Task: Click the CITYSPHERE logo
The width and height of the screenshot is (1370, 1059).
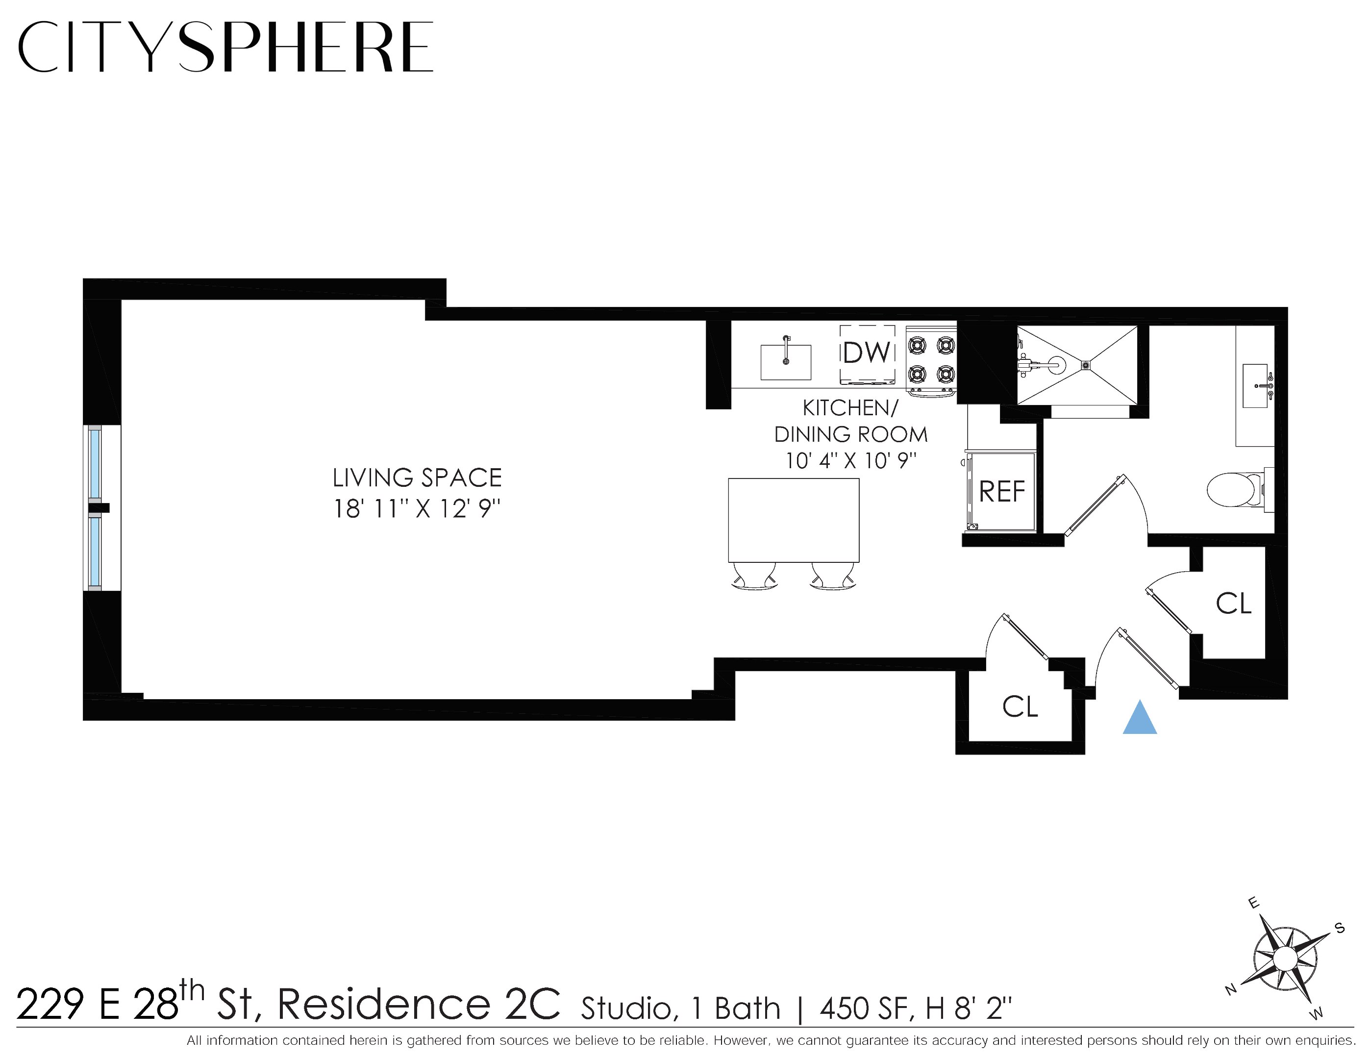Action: pyautogui.click(x=226, y=47)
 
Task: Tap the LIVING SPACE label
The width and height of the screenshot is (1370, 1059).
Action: pyautogui.click(x=417, y=478)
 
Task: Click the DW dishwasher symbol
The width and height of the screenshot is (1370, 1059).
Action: pyautogui.click(x=867, y=353)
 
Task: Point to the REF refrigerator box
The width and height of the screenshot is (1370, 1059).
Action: pyautogui.click(x=1002, y=491)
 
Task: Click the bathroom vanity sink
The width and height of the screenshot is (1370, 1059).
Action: pyautogui.click(x=1255, y=385)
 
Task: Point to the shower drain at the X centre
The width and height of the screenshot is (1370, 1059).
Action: pyautogui.click(x=1086, y=364)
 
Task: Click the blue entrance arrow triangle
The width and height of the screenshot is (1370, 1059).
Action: pyautogui.click(x=1139, y=718)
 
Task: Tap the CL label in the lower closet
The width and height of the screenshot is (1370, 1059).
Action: pyautogui.click(x=1020, y=706)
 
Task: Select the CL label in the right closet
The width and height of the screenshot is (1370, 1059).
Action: pyautogui.click(x=1233, y=604)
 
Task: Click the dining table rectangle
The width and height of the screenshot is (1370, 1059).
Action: pyautogui.click(x=794, y=520)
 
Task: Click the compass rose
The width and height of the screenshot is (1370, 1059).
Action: pyautogui.click(x=1285, y=958)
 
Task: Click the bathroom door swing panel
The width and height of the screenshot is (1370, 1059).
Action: pyautogui.click(x=1095, y=505)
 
